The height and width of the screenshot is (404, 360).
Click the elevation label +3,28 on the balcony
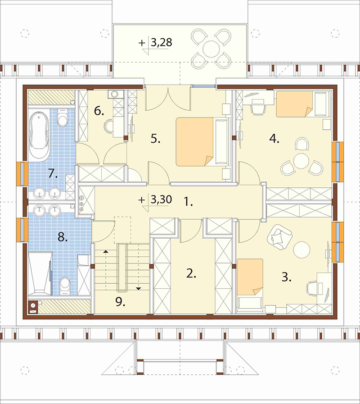(155, 43)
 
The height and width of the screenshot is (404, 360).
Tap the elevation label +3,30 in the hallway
(155, 200)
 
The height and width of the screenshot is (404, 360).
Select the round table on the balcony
(211, 49)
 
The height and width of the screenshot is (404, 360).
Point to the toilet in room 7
(62, 118)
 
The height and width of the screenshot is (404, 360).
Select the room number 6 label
(99, 111)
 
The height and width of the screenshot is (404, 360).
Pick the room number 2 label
(191, 274)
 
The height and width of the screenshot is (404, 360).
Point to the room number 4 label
(274, 139)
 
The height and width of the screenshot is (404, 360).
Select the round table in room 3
(301, 250)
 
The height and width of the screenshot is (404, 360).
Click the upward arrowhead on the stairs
(105, 251)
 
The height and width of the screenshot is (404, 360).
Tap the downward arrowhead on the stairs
(139, 289)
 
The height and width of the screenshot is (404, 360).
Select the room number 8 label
(63, 237)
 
